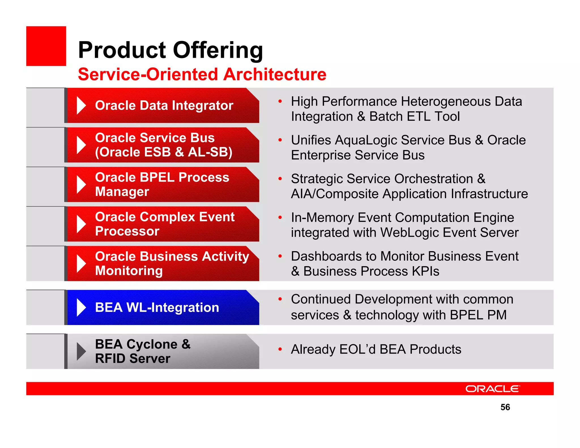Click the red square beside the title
[x=46, y=46]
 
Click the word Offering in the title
[x=218, y=50]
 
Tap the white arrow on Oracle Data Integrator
[x=81, y=106]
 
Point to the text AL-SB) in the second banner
[x=210, y=152]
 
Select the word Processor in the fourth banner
[x=127, y=231]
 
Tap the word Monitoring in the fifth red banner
[x=129, y=271]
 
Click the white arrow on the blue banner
[x=81, y=308]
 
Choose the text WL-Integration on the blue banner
[x=172, y=308]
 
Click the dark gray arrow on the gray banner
[x=81, y=351]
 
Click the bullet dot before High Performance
[x=280, y=101]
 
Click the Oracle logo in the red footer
[x=492, y=389]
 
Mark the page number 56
[x=505, y=407]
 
